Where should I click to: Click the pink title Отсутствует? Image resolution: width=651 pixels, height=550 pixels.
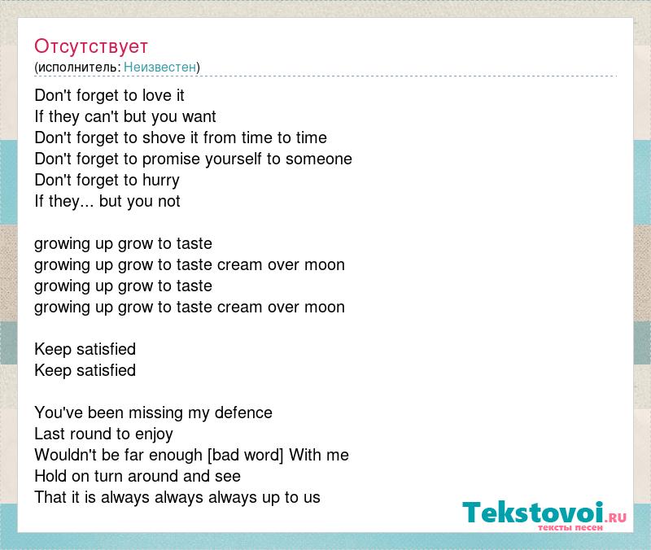click(x=91, y=46)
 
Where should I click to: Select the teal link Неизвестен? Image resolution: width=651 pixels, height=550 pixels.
click(x=159, y=67)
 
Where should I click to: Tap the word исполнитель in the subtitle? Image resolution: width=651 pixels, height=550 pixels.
click(x=79, y=68)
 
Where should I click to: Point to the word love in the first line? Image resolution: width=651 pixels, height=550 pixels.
click(x=157, y=95)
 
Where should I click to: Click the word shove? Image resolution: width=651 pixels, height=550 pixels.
click(x=164, y=137)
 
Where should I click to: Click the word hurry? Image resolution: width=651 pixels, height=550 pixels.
click(x=161, y=181)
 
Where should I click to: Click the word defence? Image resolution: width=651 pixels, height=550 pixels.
click(x=243, y=412)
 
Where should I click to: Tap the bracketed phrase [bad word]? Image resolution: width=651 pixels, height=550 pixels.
click(x=246, y=456)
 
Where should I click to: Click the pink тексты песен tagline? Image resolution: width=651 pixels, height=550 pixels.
click(x=570, y=527)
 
